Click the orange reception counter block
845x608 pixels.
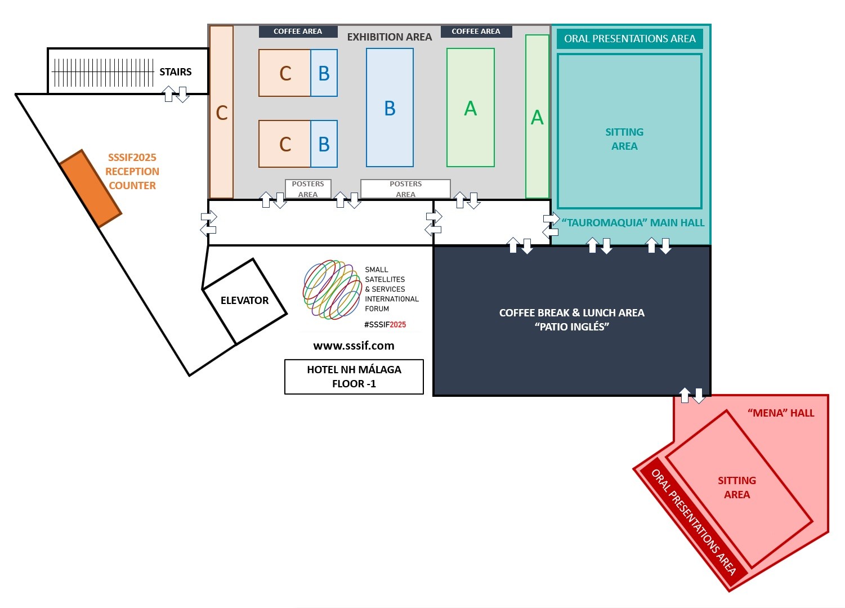click(91, 189)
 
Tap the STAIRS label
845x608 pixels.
click(176, 71)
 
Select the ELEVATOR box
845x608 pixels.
click(245, 301)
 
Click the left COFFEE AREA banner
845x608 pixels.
click(298, 32)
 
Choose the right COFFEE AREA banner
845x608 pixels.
click(476, 32)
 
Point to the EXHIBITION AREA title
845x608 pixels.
click(390, 37)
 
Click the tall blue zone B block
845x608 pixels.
click(390, 108)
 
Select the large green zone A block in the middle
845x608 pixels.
click(471, 108)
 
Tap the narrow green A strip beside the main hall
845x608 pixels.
click(537, 117)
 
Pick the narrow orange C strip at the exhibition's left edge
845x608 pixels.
click(221, 112)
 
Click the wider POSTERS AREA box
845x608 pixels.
click(405, 189)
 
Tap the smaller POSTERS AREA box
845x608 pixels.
click(308, 189)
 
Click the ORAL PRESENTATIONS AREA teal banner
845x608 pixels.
click(630, 38)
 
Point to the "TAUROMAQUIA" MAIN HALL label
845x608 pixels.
click(633, 222)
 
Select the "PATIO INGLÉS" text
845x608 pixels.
click(572, 327)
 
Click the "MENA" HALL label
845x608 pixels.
click(781, 413)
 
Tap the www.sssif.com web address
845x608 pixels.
click(354, 346)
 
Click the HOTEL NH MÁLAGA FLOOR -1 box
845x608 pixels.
click(354, 377)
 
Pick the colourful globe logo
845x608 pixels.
click(332, 290)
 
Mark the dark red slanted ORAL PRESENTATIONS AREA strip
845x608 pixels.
click(694, 522)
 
